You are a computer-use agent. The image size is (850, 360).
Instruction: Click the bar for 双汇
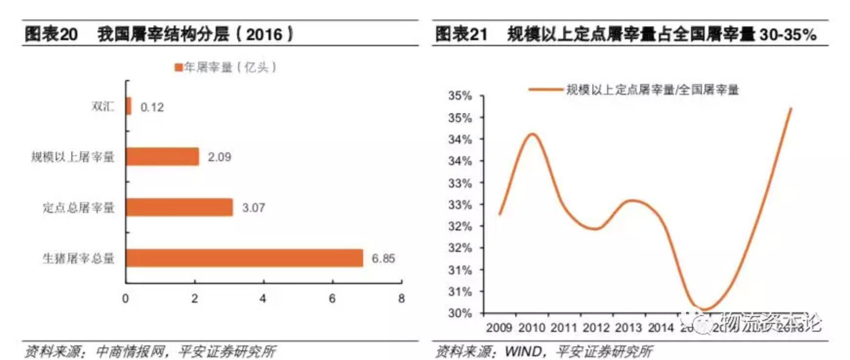[x=128, y=106]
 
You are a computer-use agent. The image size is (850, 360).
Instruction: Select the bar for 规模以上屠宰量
[x=163, y=157]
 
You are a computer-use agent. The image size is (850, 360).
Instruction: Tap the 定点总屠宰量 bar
[x=180, y=208]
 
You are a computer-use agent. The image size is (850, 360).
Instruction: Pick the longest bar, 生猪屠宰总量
[x=244, y=258]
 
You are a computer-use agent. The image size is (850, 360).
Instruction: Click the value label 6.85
[x=384, y=259]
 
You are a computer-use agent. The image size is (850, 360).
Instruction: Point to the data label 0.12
[x=152, y=107]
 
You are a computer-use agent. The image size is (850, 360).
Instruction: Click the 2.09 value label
[x=219, y=157]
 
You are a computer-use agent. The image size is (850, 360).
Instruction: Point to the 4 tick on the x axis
[x=263, y=298]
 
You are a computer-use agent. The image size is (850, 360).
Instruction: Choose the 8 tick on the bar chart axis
[x=401, y=298]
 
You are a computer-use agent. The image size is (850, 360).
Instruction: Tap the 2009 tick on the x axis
[x=499, y=327]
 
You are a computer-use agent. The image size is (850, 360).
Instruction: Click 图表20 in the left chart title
[x=51, y=35]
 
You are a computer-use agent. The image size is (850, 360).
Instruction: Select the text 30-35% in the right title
[x=789, y=35]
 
